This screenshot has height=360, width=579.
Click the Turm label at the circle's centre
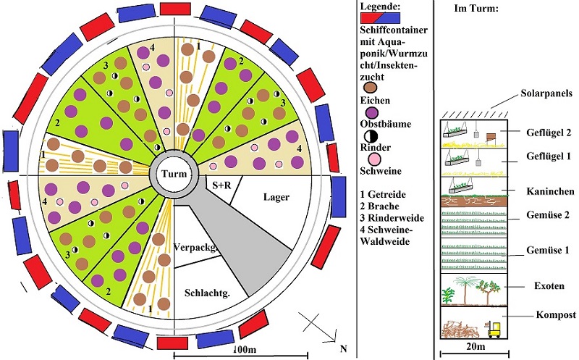[174, 176]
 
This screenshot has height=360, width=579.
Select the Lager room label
[276, 196]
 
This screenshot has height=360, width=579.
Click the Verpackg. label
[195, 246]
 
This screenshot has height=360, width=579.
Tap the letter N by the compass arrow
[342, 349]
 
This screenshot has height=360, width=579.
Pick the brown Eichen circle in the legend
[371, 89]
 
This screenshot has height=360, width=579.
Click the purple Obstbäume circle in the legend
[371, 113]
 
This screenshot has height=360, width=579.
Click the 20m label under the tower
[474, 352]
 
